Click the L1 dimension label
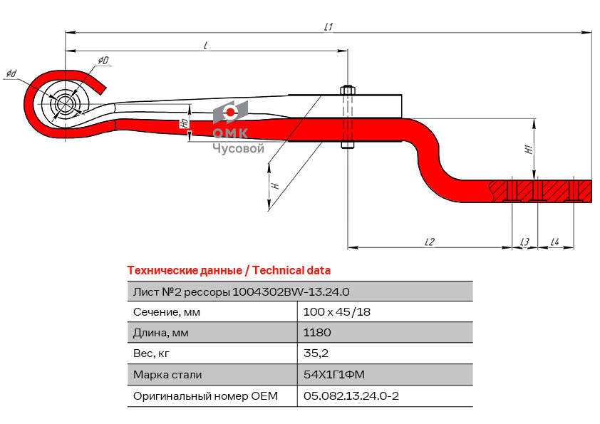[x=329, y=26]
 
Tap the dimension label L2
[x=429, y=242]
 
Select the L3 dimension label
[x=524, y=242]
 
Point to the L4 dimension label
[x=554, y=242]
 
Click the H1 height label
[x=528, y=150]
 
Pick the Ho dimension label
[x=184, y=123]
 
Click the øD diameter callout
[x=103, y=61]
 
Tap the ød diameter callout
[x=11, y=73]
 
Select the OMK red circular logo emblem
[x=230, y=113]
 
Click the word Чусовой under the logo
[x=238, y=148]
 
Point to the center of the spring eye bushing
[x=65, y=104]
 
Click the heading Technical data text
[x=291, y=271]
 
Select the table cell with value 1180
[x=317, y=333]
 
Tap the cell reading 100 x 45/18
[x=336, y=312]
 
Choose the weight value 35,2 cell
[x=316, y=353]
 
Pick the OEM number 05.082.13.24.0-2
[x=351, y=395]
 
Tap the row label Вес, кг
[x=152, y=353]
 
